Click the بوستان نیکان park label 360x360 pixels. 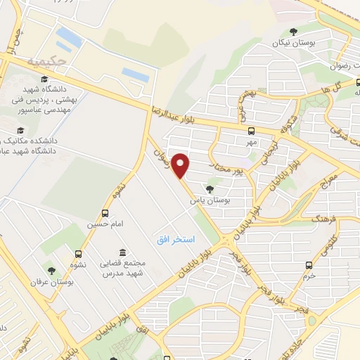coord(293,43)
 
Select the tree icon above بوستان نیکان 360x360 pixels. coord(293,31)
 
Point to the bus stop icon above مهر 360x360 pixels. coord(251,130)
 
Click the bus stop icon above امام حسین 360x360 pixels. coord(105,213)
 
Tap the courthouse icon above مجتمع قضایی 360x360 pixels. coord(123,252)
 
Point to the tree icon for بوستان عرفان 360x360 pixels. coord(51,270)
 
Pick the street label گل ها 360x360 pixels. coord(342,85)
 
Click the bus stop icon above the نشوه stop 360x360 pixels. coord(77,255)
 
